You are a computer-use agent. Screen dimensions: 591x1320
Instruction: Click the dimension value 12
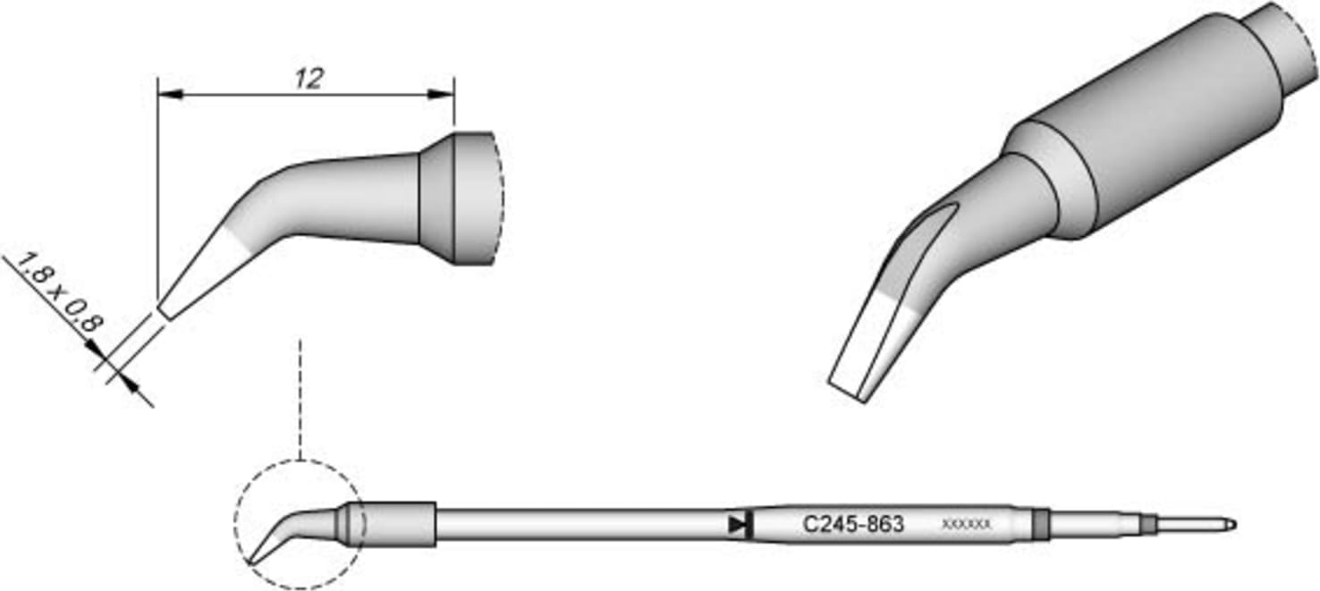(x=308, y=79)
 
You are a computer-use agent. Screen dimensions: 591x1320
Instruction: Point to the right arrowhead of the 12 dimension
(x=442, y=93)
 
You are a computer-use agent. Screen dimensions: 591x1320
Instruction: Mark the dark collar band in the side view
(x=438, y=198)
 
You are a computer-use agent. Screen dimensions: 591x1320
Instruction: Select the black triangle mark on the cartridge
(x=738, y=525)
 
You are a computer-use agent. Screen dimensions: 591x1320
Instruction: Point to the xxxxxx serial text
(x=966, y=525)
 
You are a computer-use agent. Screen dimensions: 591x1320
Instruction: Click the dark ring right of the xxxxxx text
(x=1039, y=524)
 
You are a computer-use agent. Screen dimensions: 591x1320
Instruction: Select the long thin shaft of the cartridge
(x=581, y=525)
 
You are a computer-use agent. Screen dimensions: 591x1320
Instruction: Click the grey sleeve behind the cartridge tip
(x=393, y=524)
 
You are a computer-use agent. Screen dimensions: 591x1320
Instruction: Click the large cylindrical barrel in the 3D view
(x=1163, y=125)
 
